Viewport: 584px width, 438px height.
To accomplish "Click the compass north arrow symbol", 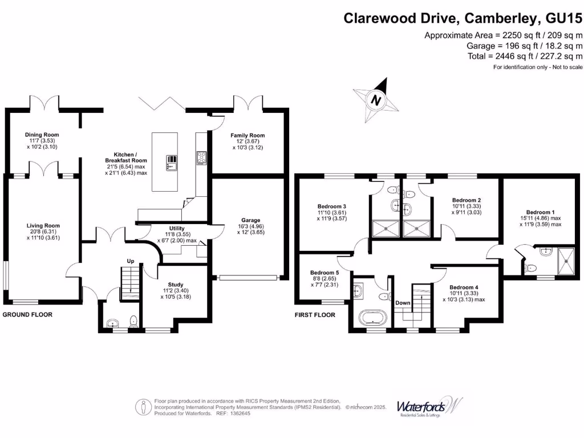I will pos(376,100).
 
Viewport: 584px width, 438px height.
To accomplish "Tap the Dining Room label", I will pos(42,135).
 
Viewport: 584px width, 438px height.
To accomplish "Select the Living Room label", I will pos(44,226).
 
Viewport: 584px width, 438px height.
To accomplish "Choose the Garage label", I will pos(250,220).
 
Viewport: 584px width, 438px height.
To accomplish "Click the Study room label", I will pos(176,285).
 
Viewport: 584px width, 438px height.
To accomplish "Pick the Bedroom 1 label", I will pos(540,212).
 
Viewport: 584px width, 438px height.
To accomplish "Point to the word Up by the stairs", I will pos(130,262).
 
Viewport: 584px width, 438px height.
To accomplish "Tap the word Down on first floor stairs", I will pos(403,303).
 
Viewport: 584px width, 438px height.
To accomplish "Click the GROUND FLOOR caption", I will pos(27,315).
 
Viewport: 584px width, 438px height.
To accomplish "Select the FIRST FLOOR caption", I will pos(315,315).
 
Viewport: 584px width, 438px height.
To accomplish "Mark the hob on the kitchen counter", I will pos(201,158).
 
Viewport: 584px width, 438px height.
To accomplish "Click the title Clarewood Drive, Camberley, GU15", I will pos(463,19).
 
